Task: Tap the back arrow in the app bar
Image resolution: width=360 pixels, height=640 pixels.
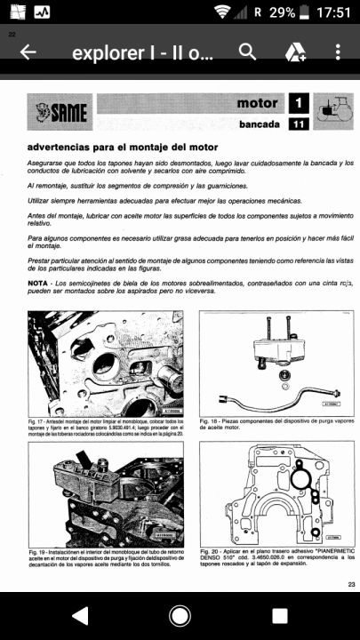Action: point(28,52)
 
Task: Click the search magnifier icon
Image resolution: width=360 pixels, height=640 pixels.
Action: point(247,52)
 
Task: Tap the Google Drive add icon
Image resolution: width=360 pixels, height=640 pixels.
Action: point(295,53)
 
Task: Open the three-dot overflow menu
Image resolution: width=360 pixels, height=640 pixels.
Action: point(339,52)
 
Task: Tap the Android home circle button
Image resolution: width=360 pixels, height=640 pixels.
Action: point(180,615)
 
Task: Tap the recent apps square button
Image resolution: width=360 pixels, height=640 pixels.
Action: point(279,615)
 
